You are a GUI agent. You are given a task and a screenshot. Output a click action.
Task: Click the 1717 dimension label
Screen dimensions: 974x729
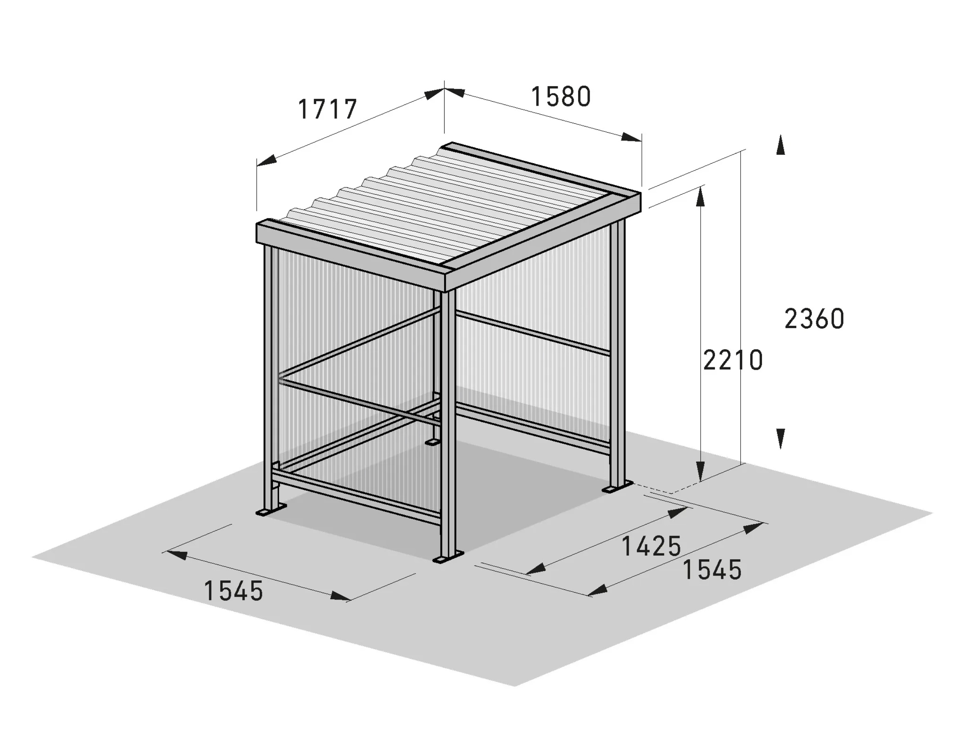(x=327, y=109)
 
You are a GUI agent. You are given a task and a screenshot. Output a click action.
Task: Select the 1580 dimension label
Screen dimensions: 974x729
(x=561, y=97)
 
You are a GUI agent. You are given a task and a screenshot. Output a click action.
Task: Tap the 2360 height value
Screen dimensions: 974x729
(x=814, y=319)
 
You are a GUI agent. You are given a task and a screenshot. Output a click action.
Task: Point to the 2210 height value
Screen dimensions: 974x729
(x=733, y=360)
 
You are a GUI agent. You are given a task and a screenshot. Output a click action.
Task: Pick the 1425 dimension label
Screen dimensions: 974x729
(x=651, y=547)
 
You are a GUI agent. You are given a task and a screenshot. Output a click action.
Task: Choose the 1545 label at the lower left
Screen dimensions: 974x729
(x=233, y=591)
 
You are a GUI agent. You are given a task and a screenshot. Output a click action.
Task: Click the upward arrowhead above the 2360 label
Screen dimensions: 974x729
(x=780, y=145)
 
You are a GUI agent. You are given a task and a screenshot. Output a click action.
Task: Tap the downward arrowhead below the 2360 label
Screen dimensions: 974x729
(x=780, y=439)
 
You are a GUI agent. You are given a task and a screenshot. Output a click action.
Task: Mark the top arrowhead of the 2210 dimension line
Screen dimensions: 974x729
(x=701, y=197)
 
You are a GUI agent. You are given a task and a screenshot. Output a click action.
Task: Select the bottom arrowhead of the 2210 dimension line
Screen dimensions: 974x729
(x=701, y=471)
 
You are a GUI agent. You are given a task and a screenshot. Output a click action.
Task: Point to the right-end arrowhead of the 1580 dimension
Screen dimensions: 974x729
(x=632, y=138)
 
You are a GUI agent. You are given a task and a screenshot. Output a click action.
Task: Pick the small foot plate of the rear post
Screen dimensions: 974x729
(x=432, y=441)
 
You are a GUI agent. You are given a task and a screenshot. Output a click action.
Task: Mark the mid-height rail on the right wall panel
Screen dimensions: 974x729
(x=532, y=333)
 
